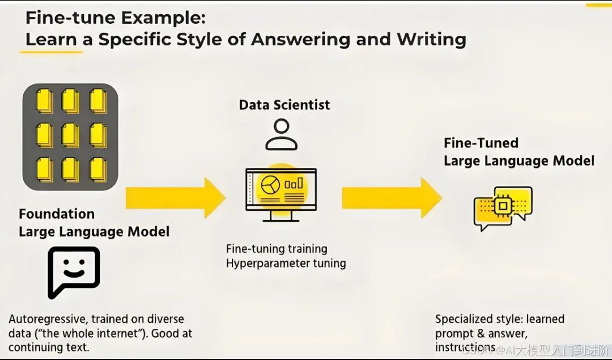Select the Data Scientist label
pyautogui.click(x=284, y=105)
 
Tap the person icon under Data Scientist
pyautogui.click(x=282, y=134)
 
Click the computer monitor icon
pyautogui.click(x=281, y=193)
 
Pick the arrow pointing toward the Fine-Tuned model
pyautogui.click(x=392, y=197)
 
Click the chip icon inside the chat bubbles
pyautogui.click(x=501, y=206)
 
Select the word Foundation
pyautogui.click(x=57, y=214)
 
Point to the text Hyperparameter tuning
pyautogui.click(x=286, y=263)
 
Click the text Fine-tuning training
pyautogui.click(x=277, y=248)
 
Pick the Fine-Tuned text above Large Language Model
pyautogui.click(x=481, y=143)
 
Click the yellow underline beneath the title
pyautogui.click(x=51, y=52)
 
